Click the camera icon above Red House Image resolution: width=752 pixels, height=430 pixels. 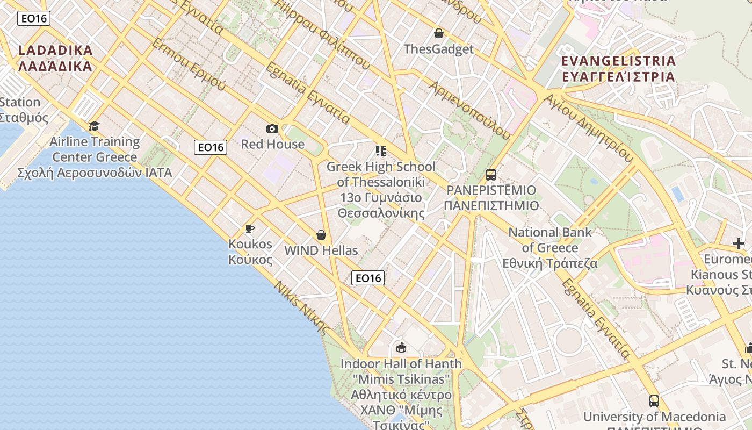pyautogui.click(x=272, y=128)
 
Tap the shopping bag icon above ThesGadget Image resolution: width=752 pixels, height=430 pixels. pyautogui.click(x=439, y=33)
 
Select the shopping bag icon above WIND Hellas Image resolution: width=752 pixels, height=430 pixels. pyautogui.click(x=321, y=235)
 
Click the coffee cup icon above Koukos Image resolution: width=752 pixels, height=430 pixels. pyautogui.click(x=250, y=228)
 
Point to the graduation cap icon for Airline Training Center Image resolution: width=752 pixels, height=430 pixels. pyautogui.click(x=95, y=126)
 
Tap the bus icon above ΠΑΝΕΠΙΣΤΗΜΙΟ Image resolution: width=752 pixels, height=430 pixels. pyautogui.click(x=491, y=174)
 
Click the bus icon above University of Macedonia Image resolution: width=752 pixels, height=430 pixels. pyautogui.click(x=654, y=400)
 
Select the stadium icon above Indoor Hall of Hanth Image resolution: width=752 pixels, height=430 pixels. pyautogui.click(x=401, y=348)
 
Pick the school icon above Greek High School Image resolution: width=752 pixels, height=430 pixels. pyautogui.click(x=381, y=151)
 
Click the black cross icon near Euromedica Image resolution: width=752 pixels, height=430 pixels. pyautogui.click(x=739, y=243)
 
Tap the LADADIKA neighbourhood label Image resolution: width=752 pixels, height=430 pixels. pyautogui.click(x=55, y=58)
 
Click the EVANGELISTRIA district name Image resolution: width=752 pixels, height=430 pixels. pyautogui.click(x=618, y=68)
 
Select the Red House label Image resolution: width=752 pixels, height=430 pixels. pyautogui.click(x=272, y=144)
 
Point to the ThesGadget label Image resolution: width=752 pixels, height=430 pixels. pyautogui.click(x=439, y=49)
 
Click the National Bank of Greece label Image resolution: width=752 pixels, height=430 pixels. pyautogui.click(x=550, y=248)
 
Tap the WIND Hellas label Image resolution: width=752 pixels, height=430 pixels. pyautogui.click(x=321, y=250)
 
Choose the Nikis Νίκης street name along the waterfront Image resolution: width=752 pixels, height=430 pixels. pyautogui.click(x=301, y=307)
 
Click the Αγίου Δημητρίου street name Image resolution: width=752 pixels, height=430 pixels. pyautogui.click(x=589, y=128)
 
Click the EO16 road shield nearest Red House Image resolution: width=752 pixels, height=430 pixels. pyautogui.click(x=211, y=147)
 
